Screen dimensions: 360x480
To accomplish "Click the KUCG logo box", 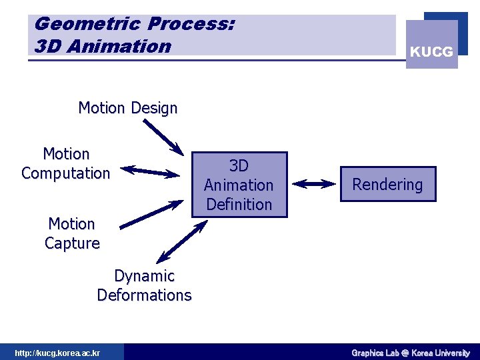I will pyautogui.click(x=432, y=45).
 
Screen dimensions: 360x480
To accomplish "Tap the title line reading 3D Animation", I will pyautogui.click(x=103, y=46).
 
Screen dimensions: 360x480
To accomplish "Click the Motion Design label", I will pyautogui.click(x=128, y=108).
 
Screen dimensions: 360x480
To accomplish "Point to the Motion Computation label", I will pyautogui.click(x=65, y=164).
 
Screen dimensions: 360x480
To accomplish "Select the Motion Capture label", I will pyautogui.click(x=72, y=233).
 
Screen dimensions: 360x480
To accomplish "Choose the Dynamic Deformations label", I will pyautogui.click(x=144, y=285).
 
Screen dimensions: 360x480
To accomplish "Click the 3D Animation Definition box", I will pyautogui.click(x=239, y=185).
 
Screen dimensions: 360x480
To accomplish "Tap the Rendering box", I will pyautogui.click(x=387, y=185).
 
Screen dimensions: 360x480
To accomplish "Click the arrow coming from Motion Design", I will pyautogui.click(x=163, y=137).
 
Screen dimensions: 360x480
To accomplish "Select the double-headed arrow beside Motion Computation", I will pyautogui.click(x=153, y=171).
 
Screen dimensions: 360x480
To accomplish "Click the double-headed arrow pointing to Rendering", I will pyautogui.click(x=313, y=184).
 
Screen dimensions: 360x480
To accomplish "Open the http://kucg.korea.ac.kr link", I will pyautogui.click(x=57, y=353).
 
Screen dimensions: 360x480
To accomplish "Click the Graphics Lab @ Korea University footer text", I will pyautogui.click(x=411, y=353).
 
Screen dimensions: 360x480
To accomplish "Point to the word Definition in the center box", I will pyautogui.click(x=239, y=204).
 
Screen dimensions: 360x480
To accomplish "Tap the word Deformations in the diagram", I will pyautogui.click(x=144, y=295).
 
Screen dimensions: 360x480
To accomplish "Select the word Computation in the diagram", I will pyautogui.click(x=65, y=173).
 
